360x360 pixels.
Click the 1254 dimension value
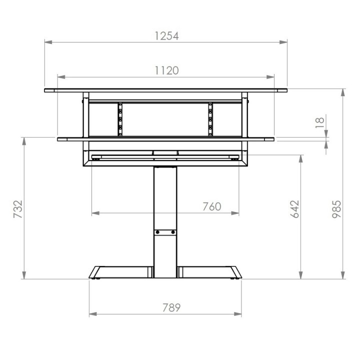[x=166, y=36]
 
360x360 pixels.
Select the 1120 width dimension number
[x=166, y=70]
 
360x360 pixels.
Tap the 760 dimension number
[x=212, y=206]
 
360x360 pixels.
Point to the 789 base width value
[x=171, y=307]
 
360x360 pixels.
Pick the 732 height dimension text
[x=18, y=209]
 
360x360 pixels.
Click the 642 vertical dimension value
[x=295, y=209]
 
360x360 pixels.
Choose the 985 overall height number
[x=337, y=209]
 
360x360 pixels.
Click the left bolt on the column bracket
[x=157, y=232]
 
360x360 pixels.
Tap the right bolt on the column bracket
[x=173, y=232]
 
